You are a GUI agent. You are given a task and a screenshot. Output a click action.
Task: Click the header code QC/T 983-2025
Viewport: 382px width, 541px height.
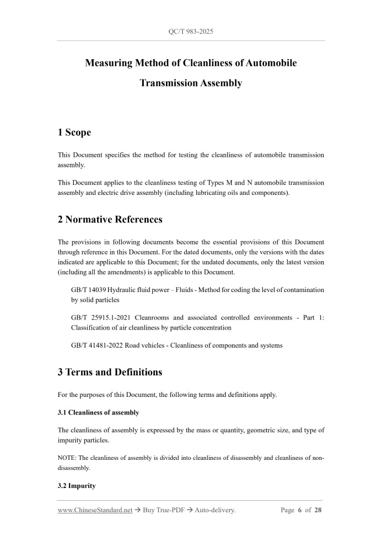(x=191, y=31)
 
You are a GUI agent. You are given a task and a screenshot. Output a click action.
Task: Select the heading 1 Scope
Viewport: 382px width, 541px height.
(x=74, y=132)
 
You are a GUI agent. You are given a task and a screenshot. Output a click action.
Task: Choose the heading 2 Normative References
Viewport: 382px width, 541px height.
(x=110, y=220)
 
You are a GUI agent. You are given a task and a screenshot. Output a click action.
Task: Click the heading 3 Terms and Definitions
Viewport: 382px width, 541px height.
(x=110, y=372)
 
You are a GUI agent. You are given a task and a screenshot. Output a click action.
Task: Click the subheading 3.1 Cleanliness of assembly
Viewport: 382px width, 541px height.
(x=98, y=412)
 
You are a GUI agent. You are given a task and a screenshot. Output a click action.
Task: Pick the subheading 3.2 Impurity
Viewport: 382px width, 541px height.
(x=77, y=486)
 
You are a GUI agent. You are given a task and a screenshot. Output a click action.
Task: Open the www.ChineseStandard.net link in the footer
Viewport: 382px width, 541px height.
(x=95, y=510)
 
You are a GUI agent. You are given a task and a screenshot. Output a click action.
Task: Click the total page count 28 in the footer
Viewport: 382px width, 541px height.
(x=318, y=510)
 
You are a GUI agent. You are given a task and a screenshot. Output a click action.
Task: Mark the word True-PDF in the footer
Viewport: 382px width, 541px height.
(x=169, y=510)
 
